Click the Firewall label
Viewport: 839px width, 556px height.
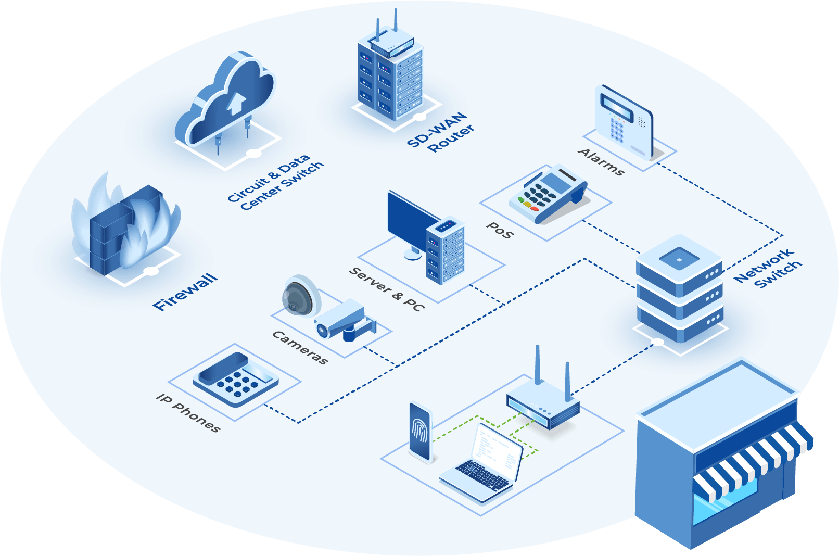(x=185, y=292)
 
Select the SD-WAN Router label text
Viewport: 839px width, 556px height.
(x=440, y=132)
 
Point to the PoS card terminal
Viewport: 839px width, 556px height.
(x=546, y=196)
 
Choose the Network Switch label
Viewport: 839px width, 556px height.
(x=768, y=268)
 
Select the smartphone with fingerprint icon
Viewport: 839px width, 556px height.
(x=421, y=432)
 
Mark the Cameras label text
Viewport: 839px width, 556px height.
(x=300, y=348)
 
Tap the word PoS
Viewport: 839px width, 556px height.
(x=500, y=230)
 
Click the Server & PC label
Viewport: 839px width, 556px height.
(x=387, y=289)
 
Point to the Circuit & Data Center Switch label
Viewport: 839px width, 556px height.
(x=276, y=183)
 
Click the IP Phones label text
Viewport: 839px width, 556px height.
(x=188, y=413)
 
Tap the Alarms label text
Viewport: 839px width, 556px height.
(x=601, y=162)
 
